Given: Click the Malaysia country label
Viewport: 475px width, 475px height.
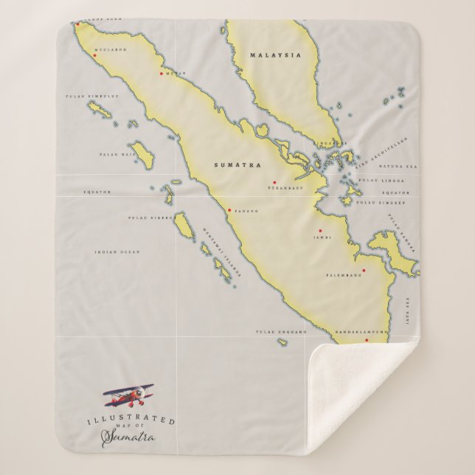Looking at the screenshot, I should click(265, 55).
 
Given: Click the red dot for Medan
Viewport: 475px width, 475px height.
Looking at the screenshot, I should click(162, 73).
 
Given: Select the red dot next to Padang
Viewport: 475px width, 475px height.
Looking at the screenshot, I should click(229, 210).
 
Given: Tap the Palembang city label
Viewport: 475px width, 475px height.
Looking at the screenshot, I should click(344, 275).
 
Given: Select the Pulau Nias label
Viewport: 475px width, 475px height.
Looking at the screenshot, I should click(114, 155).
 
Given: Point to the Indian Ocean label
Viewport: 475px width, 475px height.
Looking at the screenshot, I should click(117, 252).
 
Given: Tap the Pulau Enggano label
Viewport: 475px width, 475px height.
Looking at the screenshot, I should click(280, 333).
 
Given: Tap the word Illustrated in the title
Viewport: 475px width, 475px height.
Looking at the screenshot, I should click(139, 420).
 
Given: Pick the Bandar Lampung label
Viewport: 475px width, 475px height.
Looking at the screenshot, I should click(359, 333).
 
